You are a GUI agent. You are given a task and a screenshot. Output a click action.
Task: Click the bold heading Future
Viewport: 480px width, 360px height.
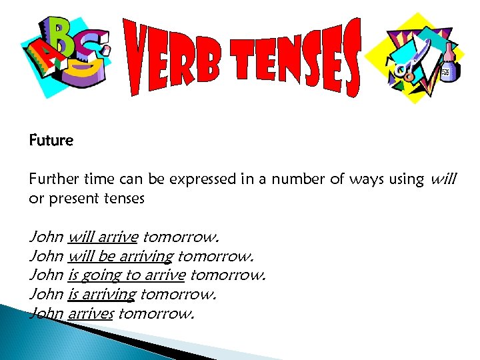click(51, 141)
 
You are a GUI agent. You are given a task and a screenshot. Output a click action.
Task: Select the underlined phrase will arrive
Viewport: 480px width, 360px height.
click(103, 237)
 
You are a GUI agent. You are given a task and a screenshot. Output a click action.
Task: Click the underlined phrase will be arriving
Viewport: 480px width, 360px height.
click(121, 255)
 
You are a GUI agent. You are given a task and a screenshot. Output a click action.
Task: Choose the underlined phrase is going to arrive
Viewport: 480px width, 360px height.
click(127, 275)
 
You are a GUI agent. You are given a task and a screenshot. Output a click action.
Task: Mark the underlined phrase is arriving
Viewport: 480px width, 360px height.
click(102, 294)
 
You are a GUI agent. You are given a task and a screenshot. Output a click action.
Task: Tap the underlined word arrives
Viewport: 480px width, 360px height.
click(91, 313)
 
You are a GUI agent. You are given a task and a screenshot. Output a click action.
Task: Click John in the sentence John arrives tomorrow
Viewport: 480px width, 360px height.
click(46, 313)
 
